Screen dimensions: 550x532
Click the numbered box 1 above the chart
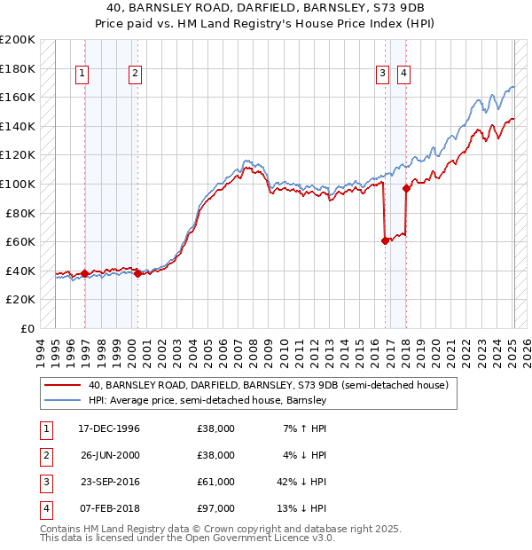[x=82, y=75]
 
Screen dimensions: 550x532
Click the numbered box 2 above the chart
[x=135, y=75]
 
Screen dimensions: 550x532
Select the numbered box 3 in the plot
[x=382, y=75]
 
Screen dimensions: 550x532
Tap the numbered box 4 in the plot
[x=403, y=75]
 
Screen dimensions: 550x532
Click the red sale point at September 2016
[x=385, y=240]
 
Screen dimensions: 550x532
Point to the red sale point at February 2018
[x=406, y=188]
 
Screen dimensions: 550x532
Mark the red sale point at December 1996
[x=85, y=273]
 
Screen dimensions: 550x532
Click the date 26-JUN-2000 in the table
[x=109, y=454]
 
